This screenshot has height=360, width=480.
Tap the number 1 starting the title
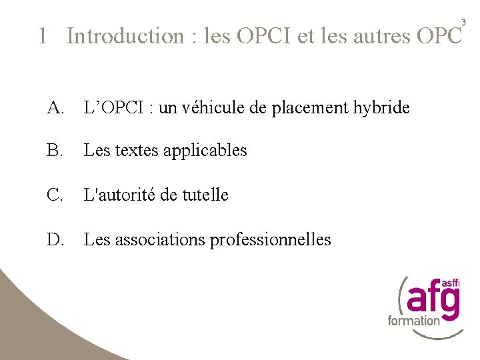43,36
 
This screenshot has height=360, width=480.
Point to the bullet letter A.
55,107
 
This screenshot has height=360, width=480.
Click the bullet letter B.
55,151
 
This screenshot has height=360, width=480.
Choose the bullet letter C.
55,195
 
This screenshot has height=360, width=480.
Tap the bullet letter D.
55,239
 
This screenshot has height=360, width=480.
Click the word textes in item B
136,151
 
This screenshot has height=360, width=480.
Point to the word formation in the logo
414,321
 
